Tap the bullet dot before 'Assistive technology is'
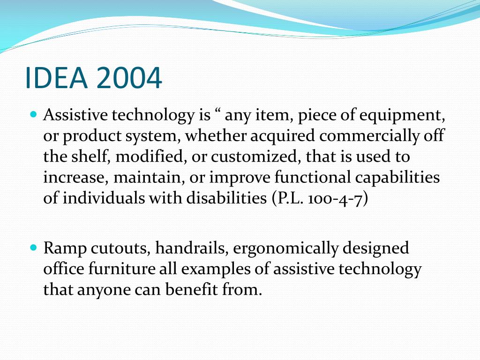click(33, 114)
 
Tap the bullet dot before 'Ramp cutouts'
click(33, 247)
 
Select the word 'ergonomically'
click(285, 248)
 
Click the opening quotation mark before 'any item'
click(217, 112)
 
